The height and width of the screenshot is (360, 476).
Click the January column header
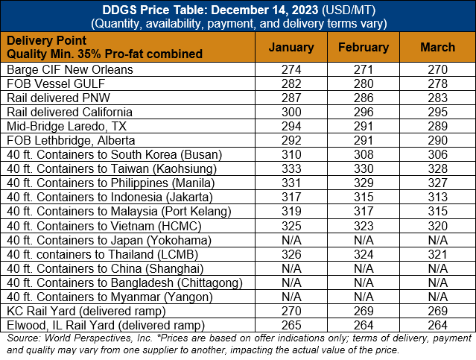pos(291,48)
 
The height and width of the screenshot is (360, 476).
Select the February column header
pos(364,48)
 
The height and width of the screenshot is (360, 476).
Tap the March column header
pos(437,48)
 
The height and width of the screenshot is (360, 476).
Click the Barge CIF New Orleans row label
pos(70,69)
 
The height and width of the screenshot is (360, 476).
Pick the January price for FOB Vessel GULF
pos(291,83)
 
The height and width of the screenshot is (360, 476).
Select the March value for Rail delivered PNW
pos(437,98)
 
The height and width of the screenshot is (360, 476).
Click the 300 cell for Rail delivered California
pos(291,112)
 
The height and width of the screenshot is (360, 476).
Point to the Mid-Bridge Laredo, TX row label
pos(66,127)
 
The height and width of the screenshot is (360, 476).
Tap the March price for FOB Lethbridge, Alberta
pos(437,140)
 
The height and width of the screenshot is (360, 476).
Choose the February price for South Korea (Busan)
pos(364,154)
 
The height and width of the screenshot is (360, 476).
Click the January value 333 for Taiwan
pos(291,168)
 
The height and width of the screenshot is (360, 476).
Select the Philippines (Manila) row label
pos(110,183)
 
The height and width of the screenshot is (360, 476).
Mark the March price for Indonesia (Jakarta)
pos(437,197)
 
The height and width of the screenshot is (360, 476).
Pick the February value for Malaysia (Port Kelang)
pos(364,211)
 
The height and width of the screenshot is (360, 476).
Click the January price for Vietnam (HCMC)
pos(291,226)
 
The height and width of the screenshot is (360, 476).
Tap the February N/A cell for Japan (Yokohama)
pos(364,240)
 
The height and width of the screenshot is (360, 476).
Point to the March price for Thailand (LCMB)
pos(437,254)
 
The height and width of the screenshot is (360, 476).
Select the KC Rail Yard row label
pos(86,311)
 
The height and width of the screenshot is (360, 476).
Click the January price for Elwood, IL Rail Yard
pos(291,325)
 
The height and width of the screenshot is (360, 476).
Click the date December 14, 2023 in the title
pos(264,10)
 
